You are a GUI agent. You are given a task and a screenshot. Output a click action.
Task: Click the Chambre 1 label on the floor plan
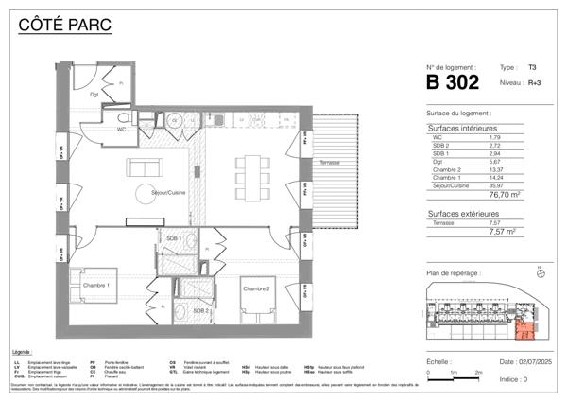click(95, 285)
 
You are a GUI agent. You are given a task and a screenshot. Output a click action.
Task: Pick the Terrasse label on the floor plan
click(330, 163)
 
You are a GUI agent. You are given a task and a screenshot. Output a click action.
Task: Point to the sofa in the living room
click(145, 167)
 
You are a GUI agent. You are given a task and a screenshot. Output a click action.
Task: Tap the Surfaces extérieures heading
click(464, 214)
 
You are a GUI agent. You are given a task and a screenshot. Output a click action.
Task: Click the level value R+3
click(534, 83)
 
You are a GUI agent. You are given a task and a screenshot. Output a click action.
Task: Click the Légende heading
click(23, 350)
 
